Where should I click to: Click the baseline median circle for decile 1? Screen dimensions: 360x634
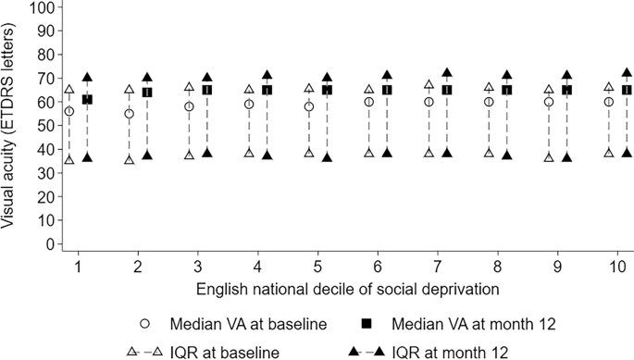[68, 111]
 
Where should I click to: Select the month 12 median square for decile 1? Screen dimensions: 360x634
[87, 99]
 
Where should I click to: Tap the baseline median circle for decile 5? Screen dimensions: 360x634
[309, 106]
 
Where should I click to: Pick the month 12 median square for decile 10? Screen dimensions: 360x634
[627, 90]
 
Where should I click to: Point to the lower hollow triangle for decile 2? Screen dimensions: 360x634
[129, 160]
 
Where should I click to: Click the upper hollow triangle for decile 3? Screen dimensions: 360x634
[189, 88]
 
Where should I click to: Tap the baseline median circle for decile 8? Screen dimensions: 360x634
[489, 102]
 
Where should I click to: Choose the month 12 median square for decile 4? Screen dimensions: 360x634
[267, 90]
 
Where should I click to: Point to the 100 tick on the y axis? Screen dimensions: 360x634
[54, 6]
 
